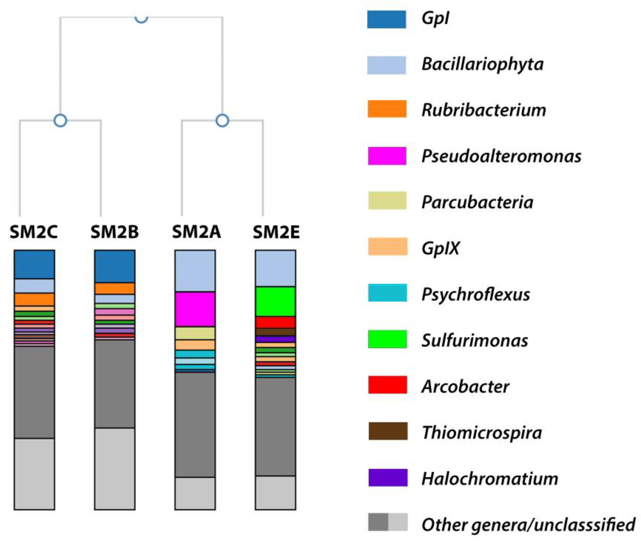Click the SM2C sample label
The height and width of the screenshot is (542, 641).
point(34,232)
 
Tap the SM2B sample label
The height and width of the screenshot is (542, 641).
point(114,232)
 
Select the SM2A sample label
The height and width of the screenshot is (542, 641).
point(196,232)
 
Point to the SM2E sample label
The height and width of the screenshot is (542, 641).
point(276,232)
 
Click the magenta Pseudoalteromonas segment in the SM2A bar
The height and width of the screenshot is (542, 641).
point(195,309)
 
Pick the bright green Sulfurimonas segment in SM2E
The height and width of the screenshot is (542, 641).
point(275,301)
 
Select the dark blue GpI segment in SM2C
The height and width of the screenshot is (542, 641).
point(34,264)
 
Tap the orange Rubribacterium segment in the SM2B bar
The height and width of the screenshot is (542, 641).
point(114,288)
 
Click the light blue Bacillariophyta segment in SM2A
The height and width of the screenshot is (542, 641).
point(195,270)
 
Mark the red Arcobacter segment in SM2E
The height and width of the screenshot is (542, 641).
point(275,322)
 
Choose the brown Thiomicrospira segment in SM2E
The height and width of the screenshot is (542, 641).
point(275,332)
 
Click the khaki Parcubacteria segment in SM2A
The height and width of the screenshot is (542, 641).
point(195,333)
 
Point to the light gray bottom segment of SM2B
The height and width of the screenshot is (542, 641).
point(114,468)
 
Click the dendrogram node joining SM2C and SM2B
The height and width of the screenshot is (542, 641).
point(60,120)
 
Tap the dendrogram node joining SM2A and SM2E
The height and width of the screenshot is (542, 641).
point(222,120)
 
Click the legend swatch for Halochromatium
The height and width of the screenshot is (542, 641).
point(388,477)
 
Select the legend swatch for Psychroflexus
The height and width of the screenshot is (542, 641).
point(387,293)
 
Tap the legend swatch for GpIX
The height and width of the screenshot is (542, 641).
point(387,246)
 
